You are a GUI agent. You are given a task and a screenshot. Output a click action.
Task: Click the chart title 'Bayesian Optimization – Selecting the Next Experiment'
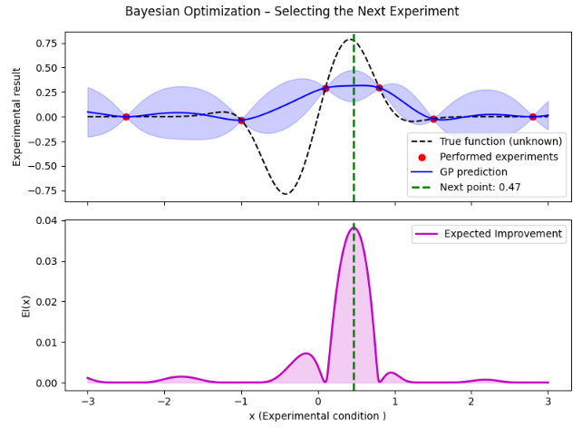pyautogui.click(x=292, y=12)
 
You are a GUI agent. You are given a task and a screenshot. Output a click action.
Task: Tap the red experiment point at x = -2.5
pyautogui.click(x=126, y=117)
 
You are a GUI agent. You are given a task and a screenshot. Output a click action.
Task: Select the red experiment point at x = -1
pyautogui.click(x=241, y=121)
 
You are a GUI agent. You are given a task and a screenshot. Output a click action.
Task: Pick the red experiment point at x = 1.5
pyautogui.click(x=433, y=119)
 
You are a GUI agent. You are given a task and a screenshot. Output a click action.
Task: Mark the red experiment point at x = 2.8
pyautogui.click(x=533, y=117)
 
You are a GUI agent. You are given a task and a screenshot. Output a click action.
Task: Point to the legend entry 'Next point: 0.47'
pyautogui.click(x=485, y=188)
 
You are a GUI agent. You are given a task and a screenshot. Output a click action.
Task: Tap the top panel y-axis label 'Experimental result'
pyautogui.click(x=16, y=116)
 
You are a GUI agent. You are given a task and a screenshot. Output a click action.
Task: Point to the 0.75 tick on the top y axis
pyautogui.click(x=44, y=43)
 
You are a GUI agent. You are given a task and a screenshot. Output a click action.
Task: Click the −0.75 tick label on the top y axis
pyautogui.click(x=40, y=190)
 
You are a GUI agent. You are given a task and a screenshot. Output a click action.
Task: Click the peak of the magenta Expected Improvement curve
pyautogui.click(x=354, y=228)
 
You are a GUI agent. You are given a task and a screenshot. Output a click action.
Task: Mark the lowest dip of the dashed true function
pyautogui.click(x=286, y=193)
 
